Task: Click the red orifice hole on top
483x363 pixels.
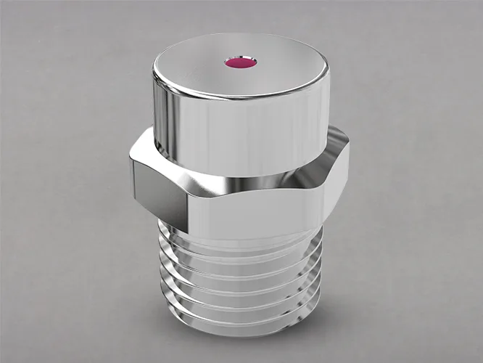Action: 241,63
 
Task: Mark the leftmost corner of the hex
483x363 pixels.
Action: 131,161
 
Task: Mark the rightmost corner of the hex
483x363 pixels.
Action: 349,145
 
